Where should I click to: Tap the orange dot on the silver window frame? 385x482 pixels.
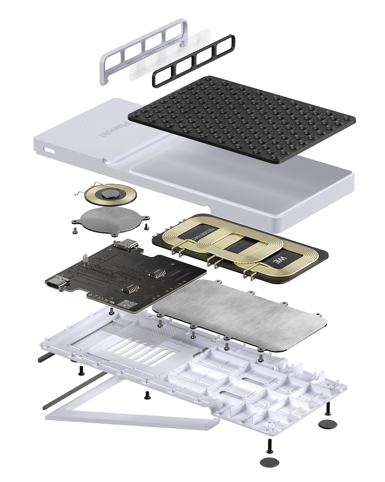tap(102, 83)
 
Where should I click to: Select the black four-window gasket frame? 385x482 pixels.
tap(193, 61)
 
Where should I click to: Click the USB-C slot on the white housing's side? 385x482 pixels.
tap(49, 150)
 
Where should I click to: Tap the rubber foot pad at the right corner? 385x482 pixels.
tap(328, 424)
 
